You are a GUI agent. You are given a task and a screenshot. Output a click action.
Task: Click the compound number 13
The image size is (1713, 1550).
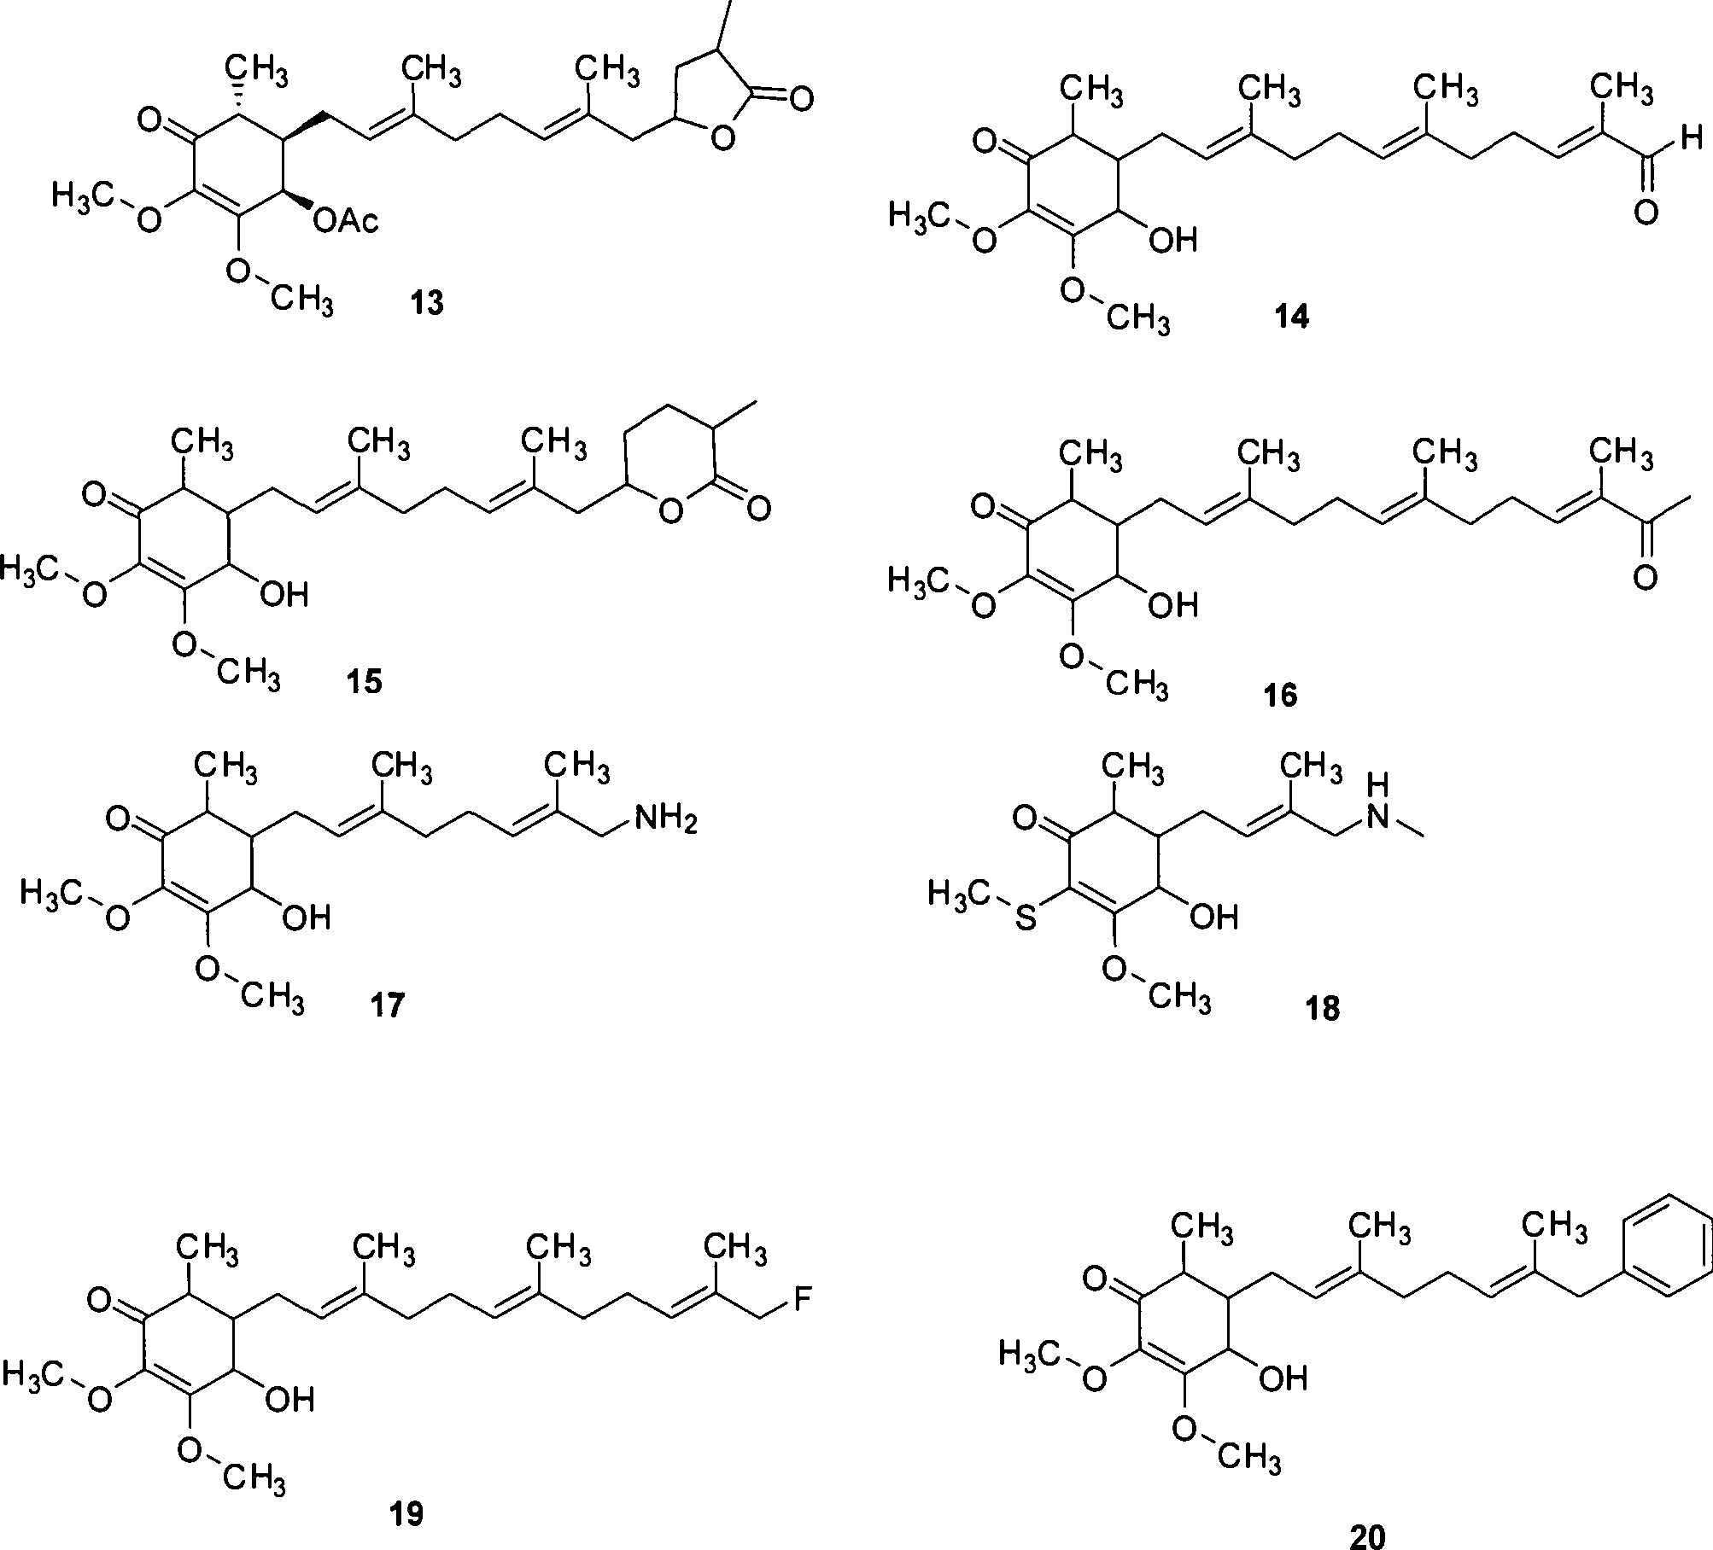pyautogui.click(x=427, y=301)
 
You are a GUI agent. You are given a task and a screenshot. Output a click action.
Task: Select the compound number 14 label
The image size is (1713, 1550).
pyautogui.click(x=1290, y=318)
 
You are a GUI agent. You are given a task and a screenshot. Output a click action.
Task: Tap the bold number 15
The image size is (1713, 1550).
pyautogui.click(x=364, y=682)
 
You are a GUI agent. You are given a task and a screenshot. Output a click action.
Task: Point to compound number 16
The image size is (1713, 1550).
pyautogui.click(x=1279, y=695)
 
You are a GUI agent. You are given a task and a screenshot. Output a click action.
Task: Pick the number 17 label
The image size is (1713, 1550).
pyautogui.click(x=387, y=1005)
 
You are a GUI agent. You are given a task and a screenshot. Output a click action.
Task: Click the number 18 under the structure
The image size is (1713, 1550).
pyautogui.click(x=1322, y=1009)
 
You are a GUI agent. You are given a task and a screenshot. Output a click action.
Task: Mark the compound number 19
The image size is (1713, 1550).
pyautogui.click(x=405, y=1514)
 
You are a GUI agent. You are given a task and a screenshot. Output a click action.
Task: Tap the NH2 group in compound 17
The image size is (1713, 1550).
pyautogui.click(x=665, y=821)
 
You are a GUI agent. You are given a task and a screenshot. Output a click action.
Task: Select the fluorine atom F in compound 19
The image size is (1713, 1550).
pyautogui.click(x=803, y=1301)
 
